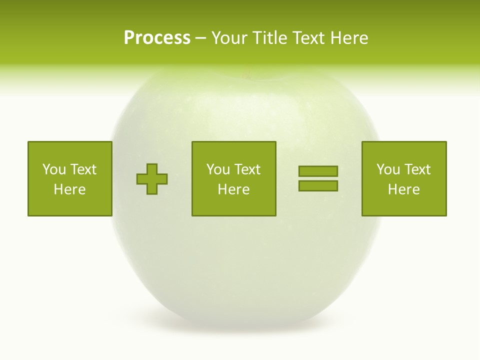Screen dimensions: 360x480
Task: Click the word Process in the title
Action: point(157,38)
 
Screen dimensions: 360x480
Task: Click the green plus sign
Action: point(152,179)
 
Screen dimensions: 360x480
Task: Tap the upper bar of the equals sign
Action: point(318,171)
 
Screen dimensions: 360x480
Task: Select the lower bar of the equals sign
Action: point(318,186)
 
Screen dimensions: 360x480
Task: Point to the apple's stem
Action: point(245,75)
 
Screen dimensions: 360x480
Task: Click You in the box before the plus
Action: point(53,169)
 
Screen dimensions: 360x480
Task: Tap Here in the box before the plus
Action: point(69,189)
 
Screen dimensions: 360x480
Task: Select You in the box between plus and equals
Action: point(217,169)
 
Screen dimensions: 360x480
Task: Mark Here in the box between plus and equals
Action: point(233,189)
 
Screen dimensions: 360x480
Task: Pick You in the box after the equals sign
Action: point(387,169)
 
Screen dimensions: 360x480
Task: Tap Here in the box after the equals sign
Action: point(403,189)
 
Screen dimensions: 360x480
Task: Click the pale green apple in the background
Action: point(245,270)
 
